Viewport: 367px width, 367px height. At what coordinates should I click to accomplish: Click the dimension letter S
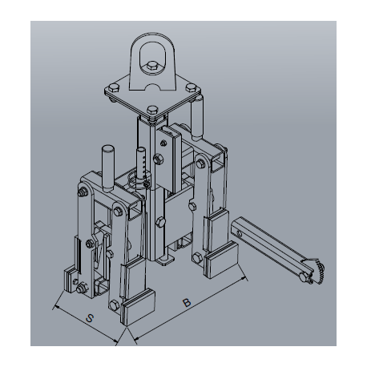pyautogui.click(x=90, y=318)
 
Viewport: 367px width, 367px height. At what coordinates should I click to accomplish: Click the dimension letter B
pyautogui.click(x=187, y=303)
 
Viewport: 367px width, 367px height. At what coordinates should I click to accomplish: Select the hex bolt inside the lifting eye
pyautogui.click(x=152, y=67)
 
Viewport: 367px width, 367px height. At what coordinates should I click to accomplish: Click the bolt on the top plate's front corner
pyautogui.click(x=152, y=110)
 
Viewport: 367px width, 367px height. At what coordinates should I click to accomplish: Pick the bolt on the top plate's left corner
pyautogui.click(x=114, y=88)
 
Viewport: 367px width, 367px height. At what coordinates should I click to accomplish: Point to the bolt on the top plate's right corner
pyautogui.click(x=191, y=87)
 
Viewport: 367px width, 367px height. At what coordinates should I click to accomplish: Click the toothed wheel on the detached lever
pyautogui.click(x=317, y=272)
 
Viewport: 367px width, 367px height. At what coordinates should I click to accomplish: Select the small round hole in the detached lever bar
pyautogui.click(x=240, y=234)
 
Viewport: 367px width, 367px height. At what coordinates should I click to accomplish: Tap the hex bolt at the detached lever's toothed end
pyautogui.click(x=304, y=276)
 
